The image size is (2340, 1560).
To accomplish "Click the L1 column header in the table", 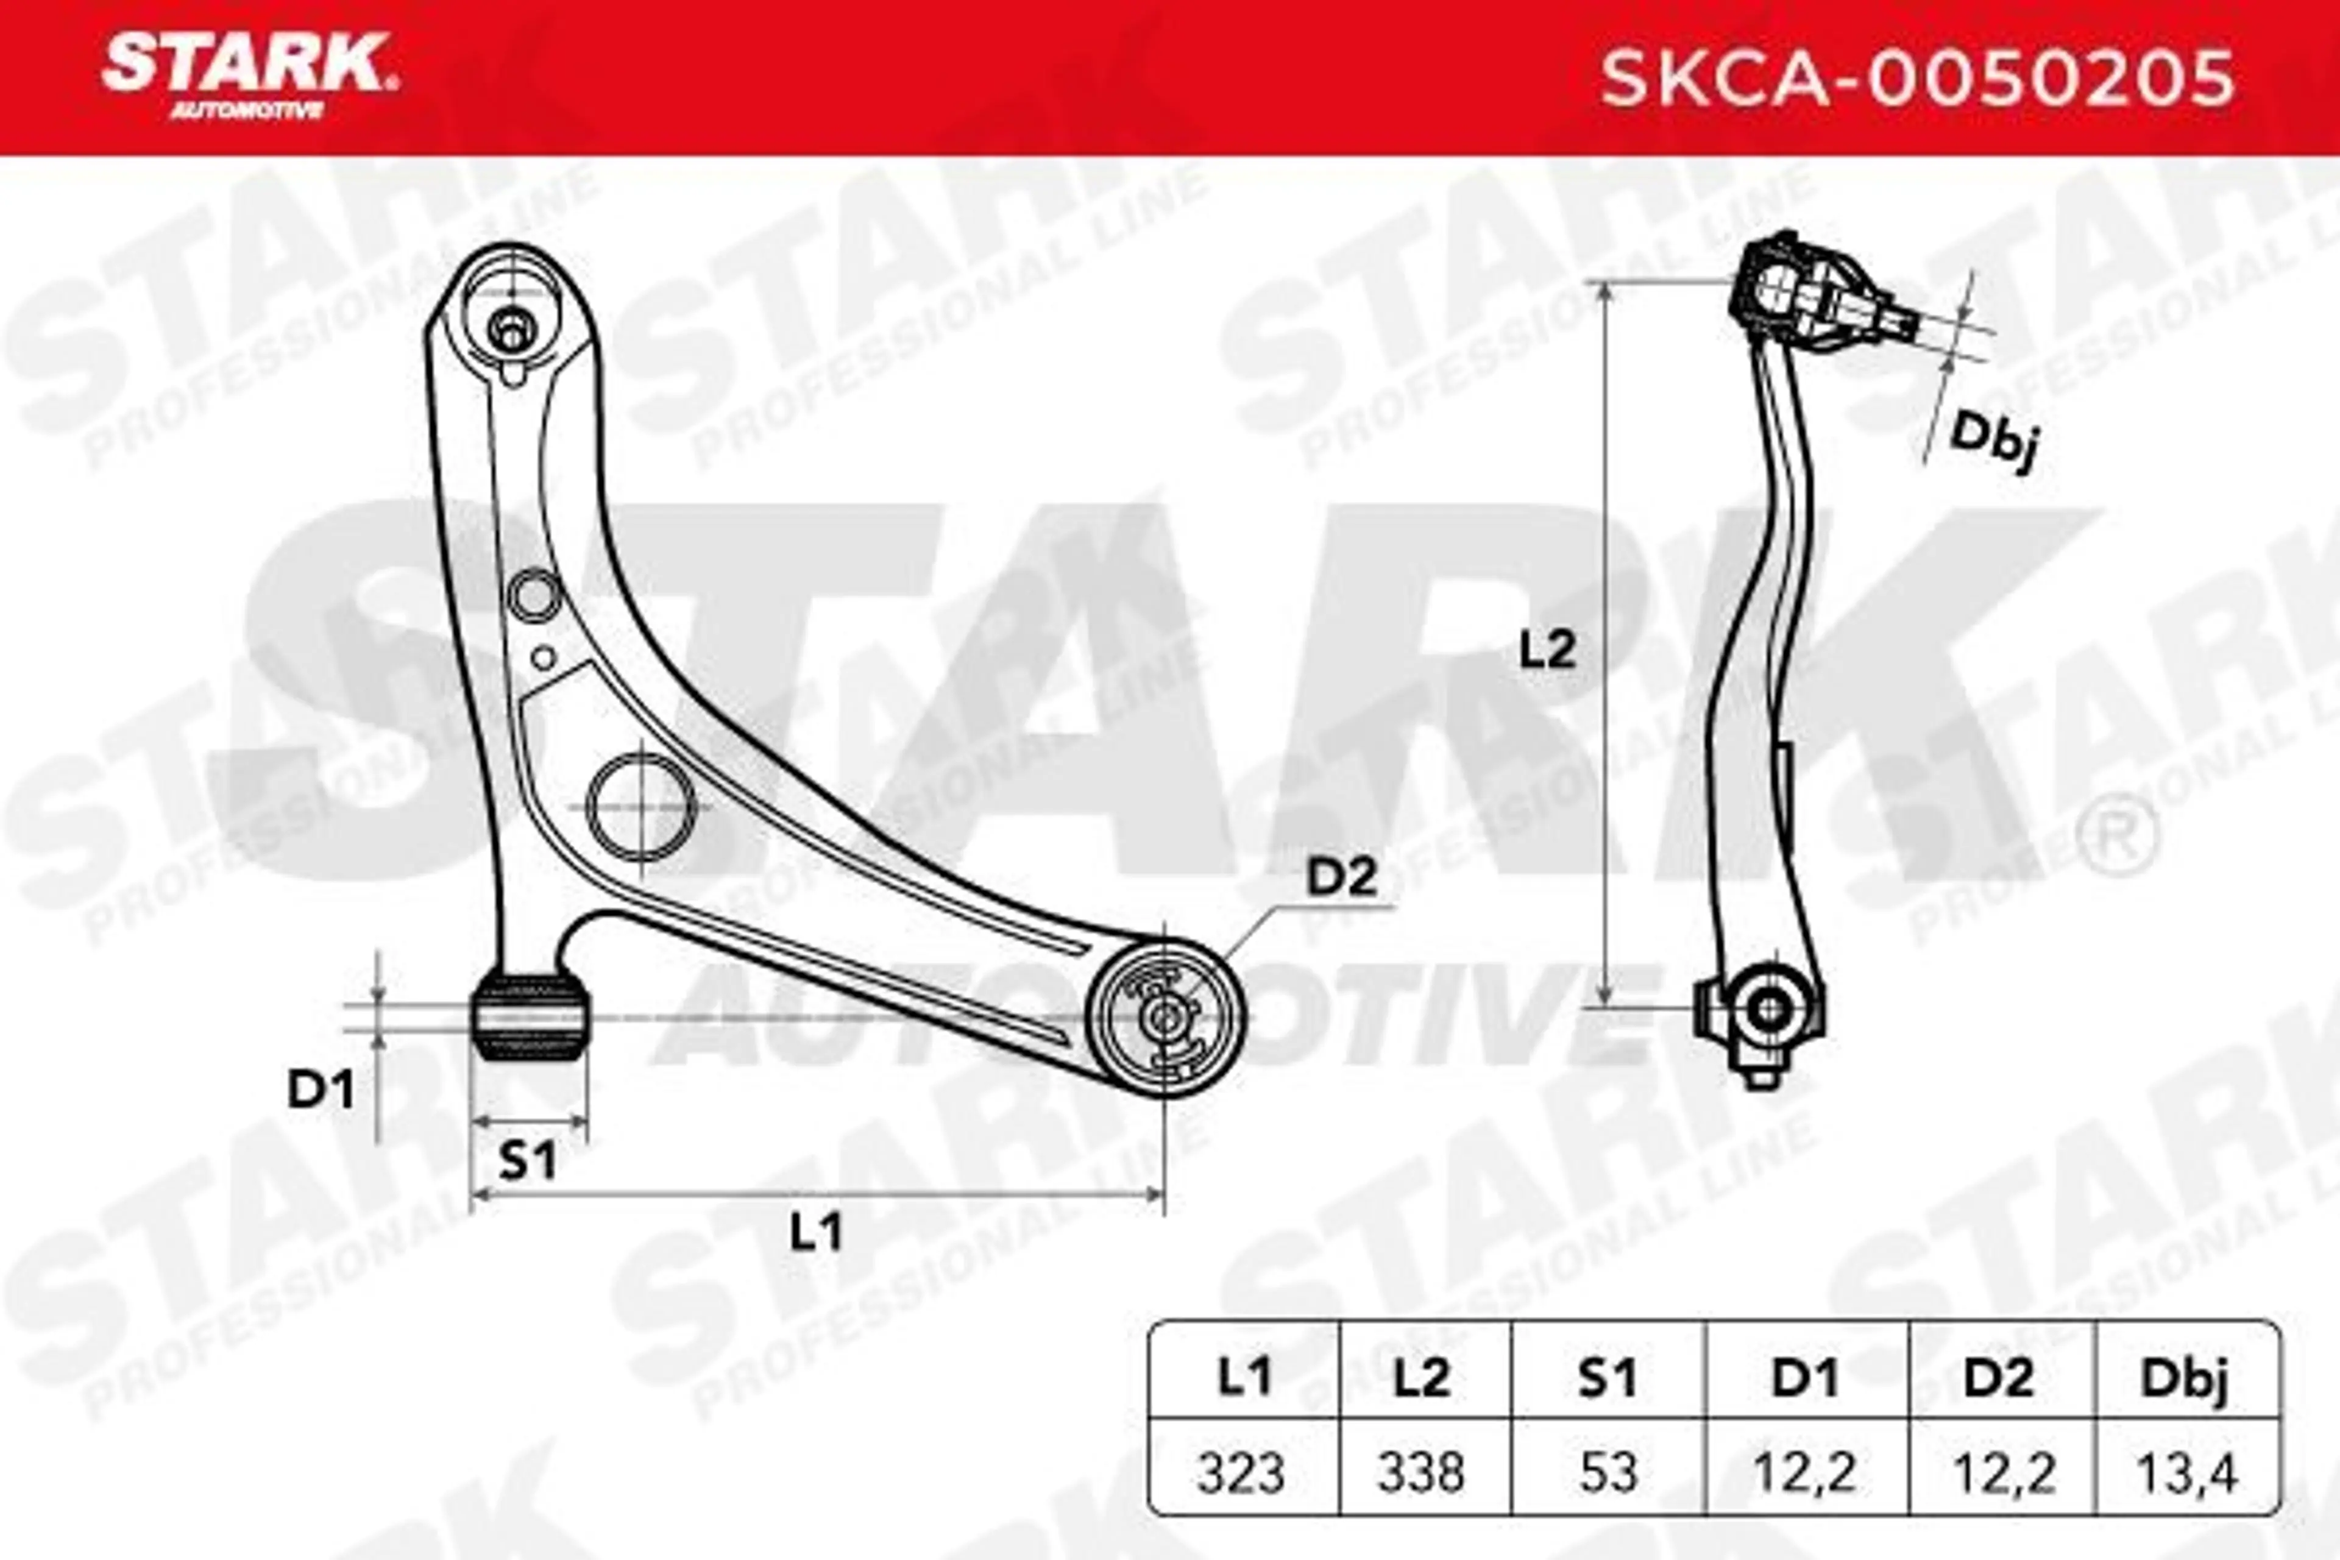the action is (1244, 1378).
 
